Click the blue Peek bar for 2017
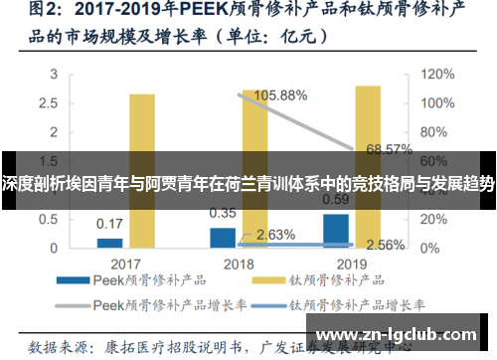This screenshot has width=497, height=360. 109,242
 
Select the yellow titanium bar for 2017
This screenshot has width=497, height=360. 142,170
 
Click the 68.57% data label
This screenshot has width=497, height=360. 390,150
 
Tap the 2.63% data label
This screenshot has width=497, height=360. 275,235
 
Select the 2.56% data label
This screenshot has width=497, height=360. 385,245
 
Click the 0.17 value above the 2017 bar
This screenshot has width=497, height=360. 109,223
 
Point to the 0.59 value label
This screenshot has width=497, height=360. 336,197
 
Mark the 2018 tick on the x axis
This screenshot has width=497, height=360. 239,265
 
